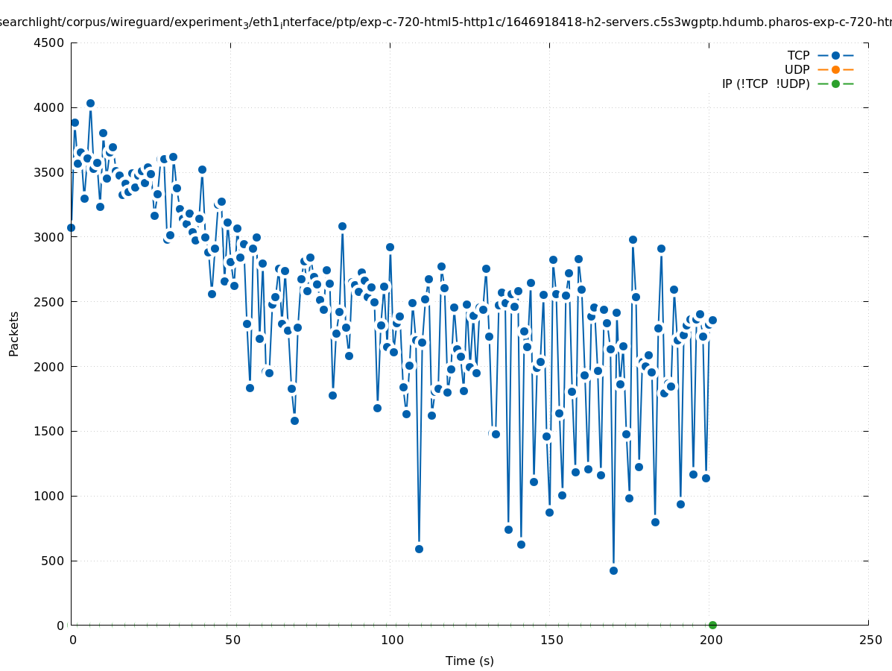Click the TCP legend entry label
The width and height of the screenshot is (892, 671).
pos(798,55)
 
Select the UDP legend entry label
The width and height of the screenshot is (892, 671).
pos(797,69)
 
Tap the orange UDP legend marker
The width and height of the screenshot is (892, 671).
pos(835,69)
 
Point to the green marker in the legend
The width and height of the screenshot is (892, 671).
pos(835,84)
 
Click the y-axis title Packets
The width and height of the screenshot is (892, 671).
pos(14,333)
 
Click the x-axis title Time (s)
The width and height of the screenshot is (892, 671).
pos(469,661)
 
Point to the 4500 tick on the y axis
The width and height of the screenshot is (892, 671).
pos(48,42)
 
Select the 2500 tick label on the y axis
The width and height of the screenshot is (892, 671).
pos(48,302)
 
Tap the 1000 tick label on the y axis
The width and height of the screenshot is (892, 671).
pos(48,496)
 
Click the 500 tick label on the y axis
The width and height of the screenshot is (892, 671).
pos(51,561)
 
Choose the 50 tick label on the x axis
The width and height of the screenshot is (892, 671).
pos(233,640)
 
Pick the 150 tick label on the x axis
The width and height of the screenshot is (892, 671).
pos(551,640)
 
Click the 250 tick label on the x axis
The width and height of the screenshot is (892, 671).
pos(870,640)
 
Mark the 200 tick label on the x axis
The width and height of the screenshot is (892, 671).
pos(710,640)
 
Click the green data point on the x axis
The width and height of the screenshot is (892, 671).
pos(712,625)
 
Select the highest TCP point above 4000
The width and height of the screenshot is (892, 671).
pos(90,103)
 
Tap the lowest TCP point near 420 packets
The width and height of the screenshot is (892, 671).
pos(613,570)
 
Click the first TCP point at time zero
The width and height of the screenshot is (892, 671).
pos(71,227)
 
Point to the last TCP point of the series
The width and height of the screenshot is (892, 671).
pos(712,320)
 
